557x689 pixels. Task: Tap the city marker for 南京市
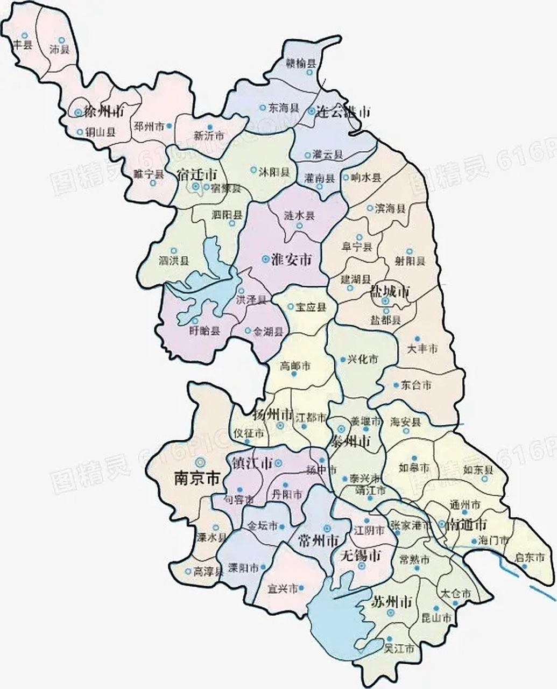(x=201, y=461)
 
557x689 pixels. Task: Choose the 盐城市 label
(x=390, y=292)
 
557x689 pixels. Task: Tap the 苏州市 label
(x=392, y=602)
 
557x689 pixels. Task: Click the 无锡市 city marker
(x=362, y=567)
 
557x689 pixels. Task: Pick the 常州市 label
(x=319, y=540)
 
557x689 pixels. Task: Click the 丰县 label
(x=23, y=45)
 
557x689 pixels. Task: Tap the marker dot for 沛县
(x=61, y=40)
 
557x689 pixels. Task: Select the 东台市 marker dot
(x=396, y=385)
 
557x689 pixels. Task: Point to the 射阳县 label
(x=410, y=262)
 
